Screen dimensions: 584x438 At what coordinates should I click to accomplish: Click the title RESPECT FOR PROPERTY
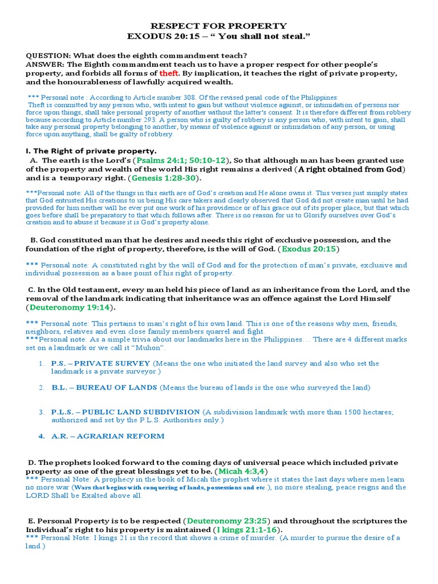pos(218,26)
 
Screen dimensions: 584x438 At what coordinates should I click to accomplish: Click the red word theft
pos(169,74)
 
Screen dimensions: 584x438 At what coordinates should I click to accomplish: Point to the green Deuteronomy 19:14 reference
pos(70,307)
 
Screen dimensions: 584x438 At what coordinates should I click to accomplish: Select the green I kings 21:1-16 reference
pos(246,529)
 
